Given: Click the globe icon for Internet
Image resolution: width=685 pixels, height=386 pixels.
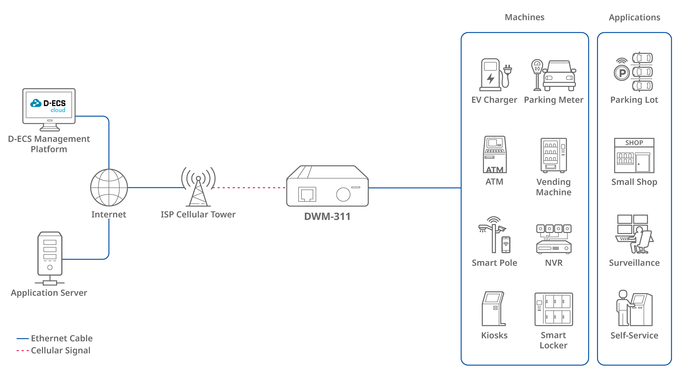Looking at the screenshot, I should pyautogui.click(x=109, y=188).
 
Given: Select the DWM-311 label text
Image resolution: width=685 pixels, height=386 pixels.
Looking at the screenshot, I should pyautogui.click(x=327, y=217).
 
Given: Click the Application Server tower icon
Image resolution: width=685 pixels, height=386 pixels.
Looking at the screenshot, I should pyautogui.click(x=50, y=254).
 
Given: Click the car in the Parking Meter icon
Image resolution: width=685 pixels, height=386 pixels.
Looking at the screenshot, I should pyautogui.click(x=559, y=76).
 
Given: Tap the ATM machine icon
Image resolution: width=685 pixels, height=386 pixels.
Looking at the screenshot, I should pyautogui.click(x=495, y=155).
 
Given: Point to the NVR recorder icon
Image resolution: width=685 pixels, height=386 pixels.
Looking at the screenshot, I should pyautogui.click(x=554, y=240).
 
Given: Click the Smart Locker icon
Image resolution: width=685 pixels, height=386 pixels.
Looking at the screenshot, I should pyautogui.click(x=554, y=309).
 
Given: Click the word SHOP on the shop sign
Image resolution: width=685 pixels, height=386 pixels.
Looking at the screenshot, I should pyautogui.click(x=634, y=143).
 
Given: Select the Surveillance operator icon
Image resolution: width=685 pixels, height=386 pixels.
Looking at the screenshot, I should pyautogui.click(x=634, y=234).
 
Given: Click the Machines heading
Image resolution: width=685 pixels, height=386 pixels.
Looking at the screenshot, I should pyautogui.click(x=524, y=17).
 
